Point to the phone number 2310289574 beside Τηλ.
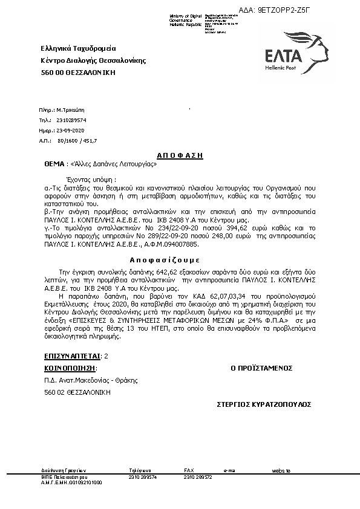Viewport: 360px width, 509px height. pos(71,121)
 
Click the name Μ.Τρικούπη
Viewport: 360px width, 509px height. pos(71,111)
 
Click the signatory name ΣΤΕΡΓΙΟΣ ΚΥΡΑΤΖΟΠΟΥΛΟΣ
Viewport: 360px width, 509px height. pos(264,403)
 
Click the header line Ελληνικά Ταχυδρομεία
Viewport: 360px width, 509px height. pos(79,48)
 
